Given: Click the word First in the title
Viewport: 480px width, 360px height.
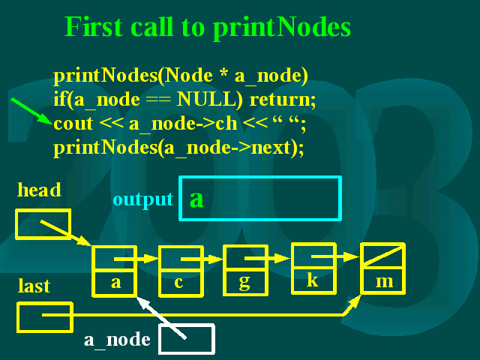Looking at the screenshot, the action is pos(94,27).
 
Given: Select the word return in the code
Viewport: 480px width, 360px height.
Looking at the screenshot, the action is pos(283,100).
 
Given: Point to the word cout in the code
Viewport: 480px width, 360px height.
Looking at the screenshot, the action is pos(73,124).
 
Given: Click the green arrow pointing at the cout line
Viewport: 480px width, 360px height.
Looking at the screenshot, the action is pos(31,111).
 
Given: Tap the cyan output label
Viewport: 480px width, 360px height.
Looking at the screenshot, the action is pos(143,200).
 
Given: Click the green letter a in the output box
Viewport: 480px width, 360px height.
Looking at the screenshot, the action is pos(196,199).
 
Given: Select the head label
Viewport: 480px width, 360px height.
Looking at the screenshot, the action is pos(39,190).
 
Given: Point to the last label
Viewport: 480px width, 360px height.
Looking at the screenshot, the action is pos(34,286).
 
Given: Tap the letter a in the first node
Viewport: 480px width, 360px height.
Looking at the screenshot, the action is pos(116,282).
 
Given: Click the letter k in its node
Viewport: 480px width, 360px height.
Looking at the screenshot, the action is pos(313,279).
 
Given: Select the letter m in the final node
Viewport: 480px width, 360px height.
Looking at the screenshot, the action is pos(384,282).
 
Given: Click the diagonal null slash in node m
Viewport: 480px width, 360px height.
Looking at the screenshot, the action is pos(382,255).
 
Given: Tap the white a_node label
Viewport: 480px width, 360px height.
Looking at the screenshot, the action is pos(117,340).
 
